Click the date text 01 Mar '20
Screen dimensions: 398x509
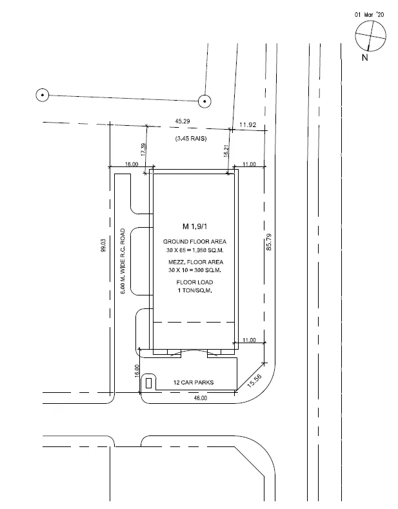click(369, 15)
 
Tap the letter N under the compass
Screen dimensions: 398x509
click(365, 58)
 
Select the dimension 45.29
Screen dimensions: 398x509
click(183, 121)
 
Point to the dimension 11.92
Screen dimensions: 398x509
click(248, 125)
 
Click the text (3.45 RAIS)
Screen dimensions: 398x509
click(191, 139)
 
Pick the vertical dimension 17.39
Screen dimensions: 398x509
click(143, 150)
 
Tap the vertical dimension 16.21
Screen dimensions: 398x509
click(226, 151)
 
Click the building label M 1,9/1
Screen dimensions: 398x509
click(194, 226)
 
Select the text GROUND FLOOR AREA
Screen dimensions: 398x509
click(194, 241)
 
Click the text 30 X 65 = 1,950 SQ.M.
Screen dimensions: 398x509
click(195, 250)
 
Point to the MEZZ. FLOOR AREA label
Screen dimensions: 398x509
click(195, 262)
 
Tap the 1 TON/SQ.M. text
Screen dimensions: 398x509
click(195, 290)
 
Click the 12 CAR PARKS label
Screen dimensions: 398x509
click(194, 383)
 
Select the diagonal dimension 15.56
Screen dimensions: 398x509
click(254, 381)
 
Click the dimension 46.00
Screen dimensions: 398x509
click(201, 398)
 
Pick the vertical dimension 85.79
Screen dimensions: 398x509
click(269, 242)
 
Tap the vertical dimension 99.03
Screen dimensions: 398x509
click(103, 246)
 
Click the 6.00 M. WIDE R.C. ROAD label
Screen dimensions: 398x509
click(123, 261)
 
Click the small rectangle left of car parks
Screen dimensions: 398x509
click(148, 383)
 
